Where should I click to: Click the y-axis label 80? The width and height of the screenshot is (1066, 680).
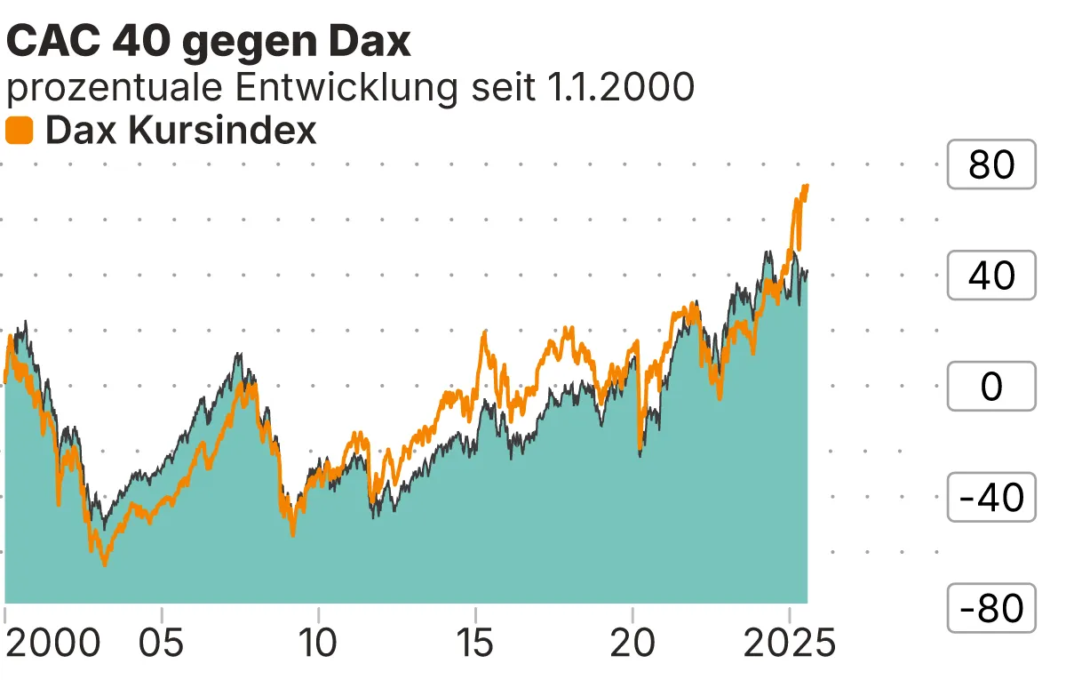click(991, 164)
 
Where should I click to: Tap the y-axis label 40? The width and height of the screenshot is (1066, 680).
click(991, 276)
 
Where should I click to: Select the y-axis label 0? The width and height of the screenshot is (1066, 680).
click(991, 387)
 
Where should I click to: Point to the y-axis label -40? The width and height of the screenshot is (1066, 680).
click(991, 498)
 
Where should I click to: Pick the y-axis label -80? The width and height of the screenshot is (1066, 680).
click(991, 609)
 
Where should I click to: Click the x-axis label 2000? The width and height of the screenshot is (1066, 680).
click(53, 644)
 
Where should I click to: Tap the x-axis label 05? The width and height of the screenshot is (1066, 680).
click(162, 644)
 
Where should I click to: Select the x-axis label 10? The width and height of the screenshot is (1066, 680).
click(318, 644)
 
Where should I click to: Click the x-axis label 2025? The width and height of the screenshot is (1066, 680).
click(789, 644)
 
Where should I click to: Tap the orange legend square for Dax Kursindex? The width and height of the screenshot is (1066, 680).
click(20, 132)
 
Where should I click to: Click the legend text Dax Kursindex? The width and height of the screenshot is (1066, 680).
click(180, 132)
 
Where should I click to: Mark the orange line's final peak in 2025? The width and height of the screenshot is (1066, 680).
click(806, 186)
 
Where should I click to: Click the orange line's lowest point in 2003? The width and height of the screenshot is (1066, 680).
click(105, 564)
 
